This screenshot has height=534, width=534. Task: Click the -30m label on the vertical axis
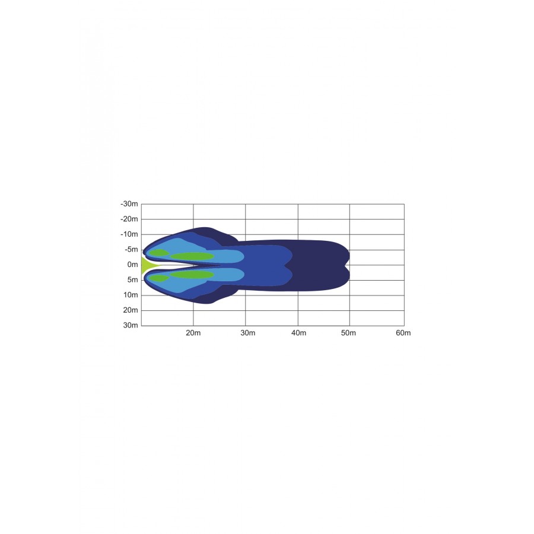129,204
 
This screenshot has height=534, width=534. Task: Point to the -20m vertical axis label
129,219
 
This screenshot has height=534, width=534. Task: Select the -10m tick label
129,234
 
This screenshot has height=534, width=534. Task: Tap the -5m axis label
131,250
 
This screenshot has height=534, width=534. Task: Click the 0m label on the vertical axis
132,265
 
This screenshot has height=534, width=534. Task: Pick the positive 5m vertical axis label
132,280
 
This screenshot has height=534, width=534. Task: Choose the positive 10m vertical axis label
131,295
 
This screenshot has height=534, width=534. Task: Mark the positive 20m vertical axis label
131,310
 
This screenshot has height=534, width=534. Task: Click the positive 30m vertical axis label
131,325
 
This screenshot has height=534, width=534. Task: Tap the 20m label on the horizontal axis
193,333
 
